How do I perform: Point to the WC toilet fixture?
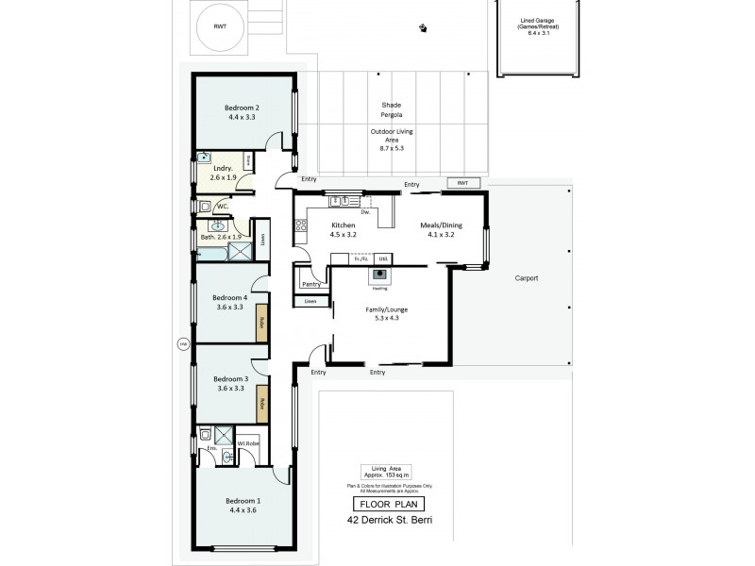tap(206, 206)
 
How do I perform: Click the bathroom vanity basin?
tap(219, 226)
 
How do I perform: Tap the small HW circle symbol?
tap(183, 344)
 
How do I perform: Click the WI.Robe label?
tap(248, 442)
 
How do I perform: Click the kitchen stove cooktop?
tap(302, 225)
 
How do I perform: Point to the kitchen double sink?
tap(340, 200)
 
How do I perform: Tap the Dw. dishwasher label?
tap(364, 211)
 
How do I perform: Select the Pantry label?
tap(310, 283)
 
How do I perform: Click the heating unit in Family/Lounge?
tap(380, 275)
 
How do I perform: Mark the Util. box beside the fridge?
tap(383, 258)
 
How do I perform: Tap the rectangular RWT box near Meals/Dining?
tap(462, 183)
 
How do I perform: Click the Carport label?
tap(526, 279)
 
